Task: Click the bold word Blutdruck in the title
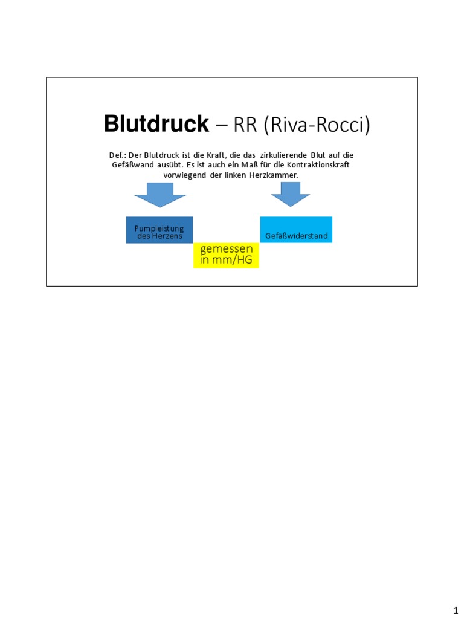click(156, 124)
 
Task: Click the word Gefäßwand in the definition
click(132, 165)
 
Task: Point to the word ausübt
click(170, 165)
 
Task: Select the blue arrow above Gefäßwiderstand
click(291, 195)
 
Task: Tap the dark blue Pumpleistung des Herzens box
click(159, 230)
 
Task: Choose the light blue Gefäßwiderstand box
click(296, 230)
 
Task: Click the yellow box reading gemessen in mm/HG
click(226, 256)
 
